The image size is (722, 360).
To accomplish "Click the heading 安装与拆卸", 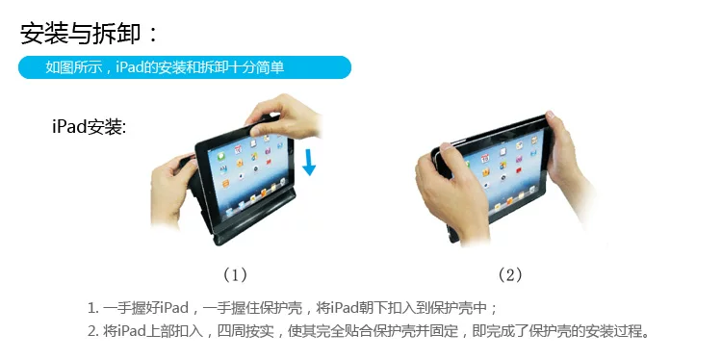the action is [x=80, y=34].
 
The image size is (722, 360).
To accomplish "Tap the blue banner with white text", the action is [x=185, y=67].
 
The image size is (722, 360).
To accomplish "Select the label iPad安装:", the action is [x=89, y=126].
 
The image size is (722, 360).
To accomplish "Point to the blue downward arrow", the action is [x=309, y=163].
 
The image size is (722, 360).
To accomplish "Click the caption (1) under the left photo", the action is [x=235, y=275].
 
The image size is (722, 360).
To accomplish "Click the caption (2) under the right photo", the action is [x=509, y=275].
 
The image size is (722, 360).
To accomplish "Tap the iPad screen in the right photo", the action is [x=505, y=173].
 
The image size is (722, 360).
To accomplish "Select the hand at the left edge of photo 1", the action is [x=171, y=190].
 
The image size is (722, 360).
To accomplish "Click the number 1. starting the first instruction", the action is [x=93, y=308].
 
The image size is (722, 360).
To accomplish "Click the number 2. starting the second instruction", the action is [x=93, y=331].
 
